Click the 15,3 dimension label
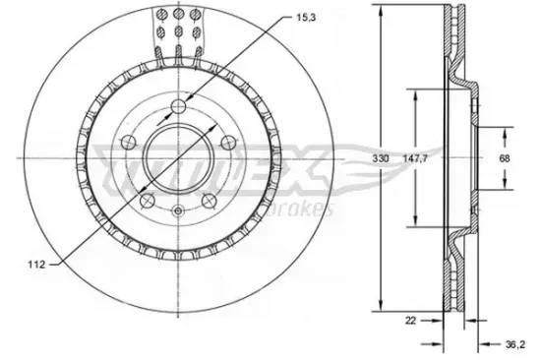306,16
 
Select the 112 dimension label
34,264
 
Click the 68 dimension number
505,157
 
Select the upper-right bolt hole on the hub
227,144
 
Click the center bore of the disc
177,157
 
